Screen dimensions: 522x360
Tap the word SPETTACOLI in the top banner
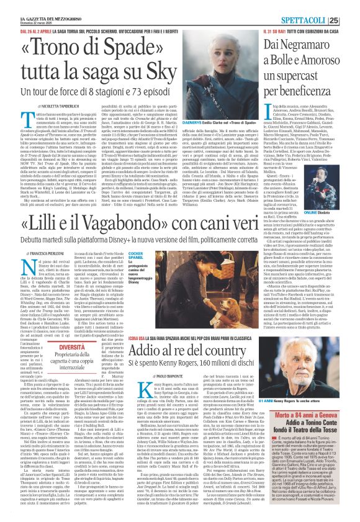click(x=318, y=7)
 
